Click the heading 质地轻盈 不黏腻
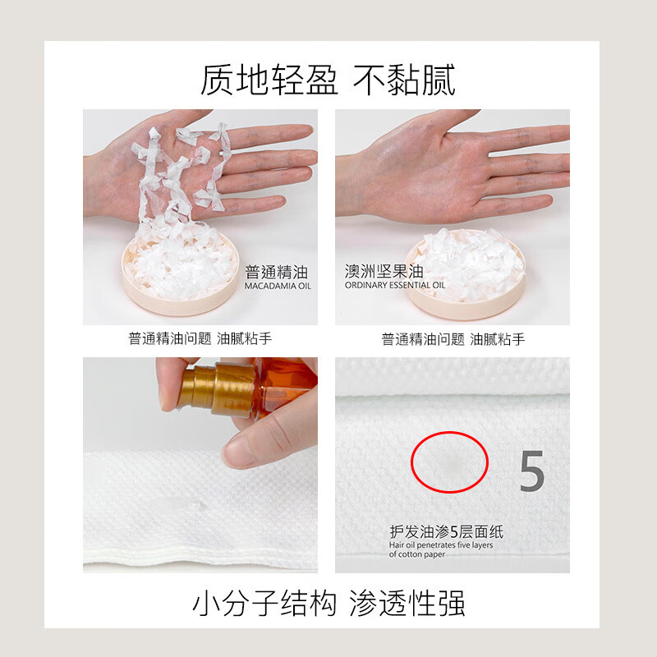pos(328,80)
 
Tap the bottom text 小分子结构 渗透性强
pos(328,604)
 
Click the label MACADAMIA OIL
pos(278,287)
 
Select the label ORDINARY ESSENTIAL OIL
pos(394,286)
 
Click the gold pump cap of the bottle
pos(216,389)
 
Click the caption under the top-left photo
pos(200,338)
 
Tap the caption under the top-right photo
pos(453,338)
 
